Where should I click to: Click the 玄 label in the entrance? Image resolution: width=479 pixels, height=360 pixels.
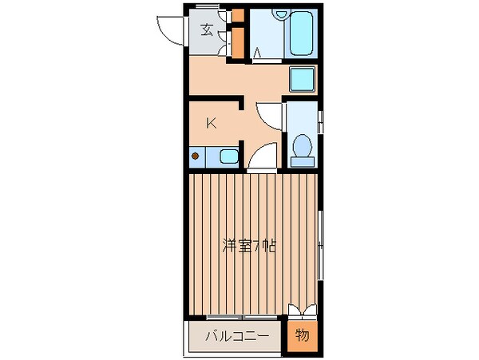tap(207, 31)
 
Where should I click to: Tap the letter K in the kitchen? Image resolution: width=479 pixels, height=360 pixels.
tap(211, 123)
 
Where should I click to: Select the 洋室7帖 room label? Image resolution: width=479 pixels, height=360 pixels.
tap(249, 246)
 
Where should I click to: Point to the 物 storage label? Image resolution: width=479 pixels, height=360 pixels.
tap(303, 336)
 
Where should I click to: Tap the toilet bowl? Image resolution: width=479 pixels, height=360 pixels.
tap(303, 146)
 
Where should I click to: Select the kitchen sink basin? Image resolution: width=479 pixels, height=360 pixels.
tap(228, 156)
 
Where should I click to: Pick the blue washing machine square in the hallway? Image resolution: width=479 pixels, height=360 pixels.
tap(301, 81)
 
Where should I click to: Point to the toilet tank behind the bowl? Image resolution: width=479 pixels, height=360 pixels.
tap(303, 161)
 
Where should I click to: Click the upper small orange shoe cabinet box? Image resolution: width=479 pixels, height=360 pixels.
tap(237, 16)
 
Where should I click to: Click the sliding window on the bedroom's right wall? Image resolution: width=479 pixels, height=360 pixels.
tap(320, 247)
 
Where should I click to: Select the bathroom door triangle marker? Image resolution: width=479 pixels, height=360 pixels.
tap(256, 53)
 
